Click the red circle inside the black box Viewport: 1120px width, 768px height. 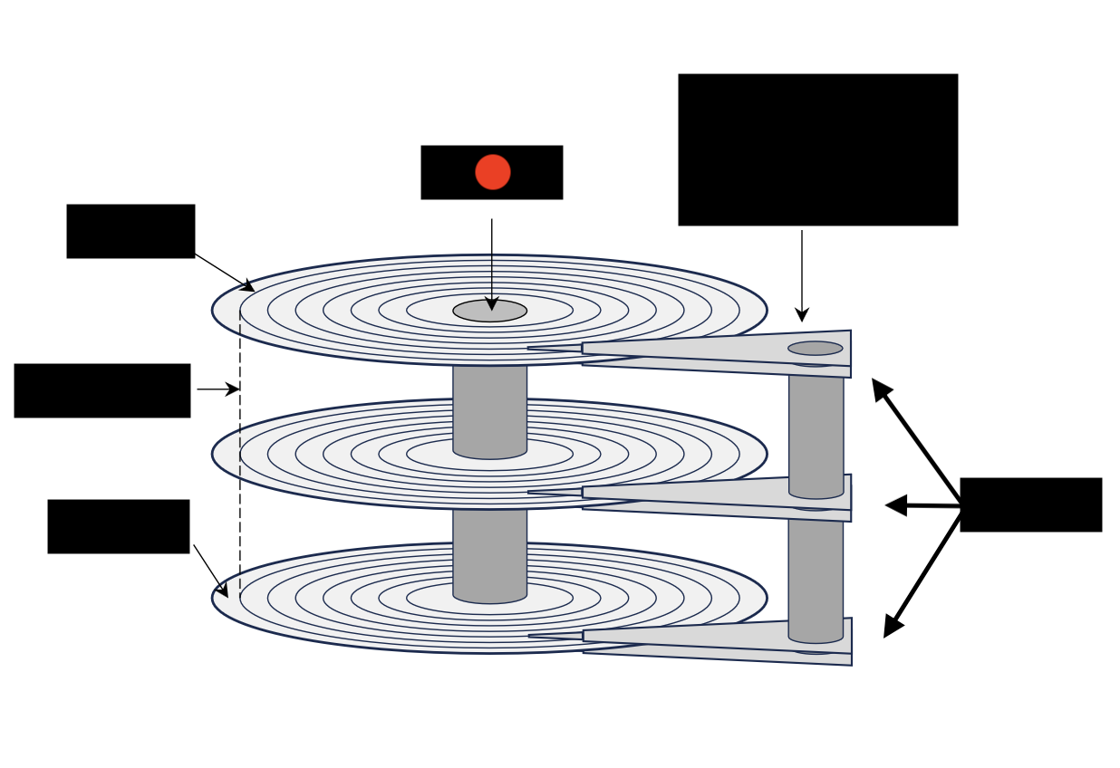pyautogui.click(x=492, y=172)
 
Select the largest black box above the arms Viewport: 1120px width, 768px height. pyautogui.click(x=817, y=149)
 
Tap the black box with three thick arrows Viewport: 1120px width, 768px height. pyautogui.click(x=1030, y=504)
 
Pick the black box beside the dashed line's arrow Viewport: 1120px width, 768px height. pyautogui.click(x=101, y=390)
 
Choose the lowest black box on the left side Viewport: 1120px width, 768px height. pyautogui.click(x=118, y=526)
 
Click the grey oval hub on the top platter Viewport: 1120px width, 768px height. pyautogui.click(x=489, y=311)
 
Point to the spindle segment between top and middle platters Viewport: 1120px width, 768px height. pyautogui.click(x=489, y=408)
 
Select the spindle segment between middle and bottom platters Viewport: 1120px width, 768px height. pyautogui.click(x=489, y=552)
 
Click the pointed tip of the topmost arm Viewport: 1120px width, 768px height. pyautogui.click(x=531, y=348)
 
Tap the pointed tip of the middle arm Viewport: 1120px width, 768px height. pyautogui.click(x=531, y=493)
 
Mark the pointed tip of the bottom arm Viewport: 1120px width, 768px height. pyautogui.click(x=532, y=636)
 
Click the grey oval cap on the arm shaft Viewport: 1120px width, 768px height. pyautogui.click(x=815, y=348)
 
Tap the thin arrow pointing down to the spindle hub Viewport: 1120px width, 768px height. pyautogui.click(x=492, y=263)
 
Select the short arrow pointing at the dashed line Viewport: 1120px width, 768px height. pyautogui.click(x=218, y=389)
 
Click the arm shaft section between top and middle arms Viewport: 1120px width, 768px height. pyautogui.click(x=816, y=430)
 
